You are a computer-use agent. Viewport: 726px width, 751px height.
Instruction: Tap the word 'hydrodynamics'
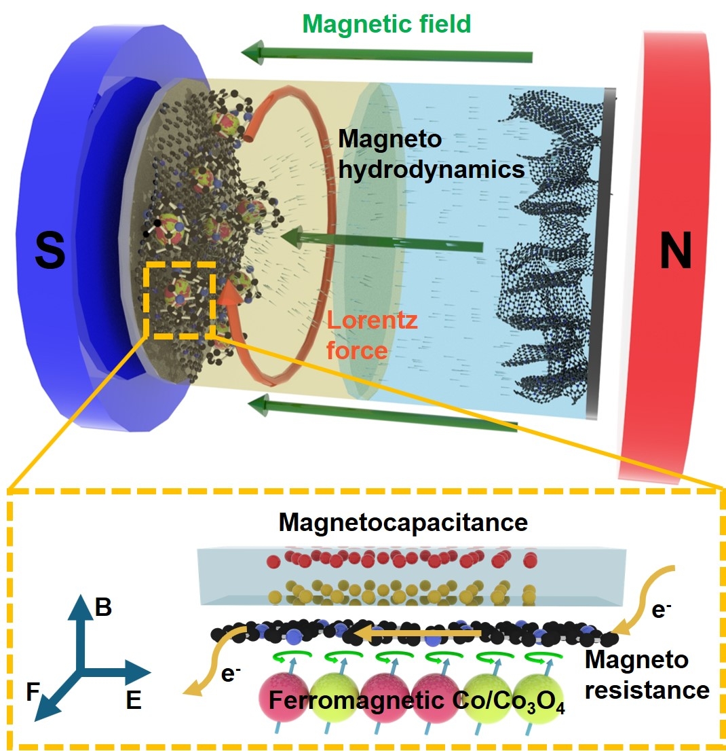pyautogui.click(x=431, y=168)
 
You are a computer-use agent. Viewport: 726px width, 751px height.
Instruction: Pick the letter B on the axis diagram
pyautogui.click(x=103, y=608)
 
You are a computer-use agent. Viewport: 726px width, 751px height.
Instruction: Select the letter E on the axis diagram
pyautogui.click(x=134, y=700)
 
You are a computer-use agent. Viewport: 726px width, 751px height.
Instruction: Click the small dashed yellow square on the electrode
pyautogui.click(x=180, y=300)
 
